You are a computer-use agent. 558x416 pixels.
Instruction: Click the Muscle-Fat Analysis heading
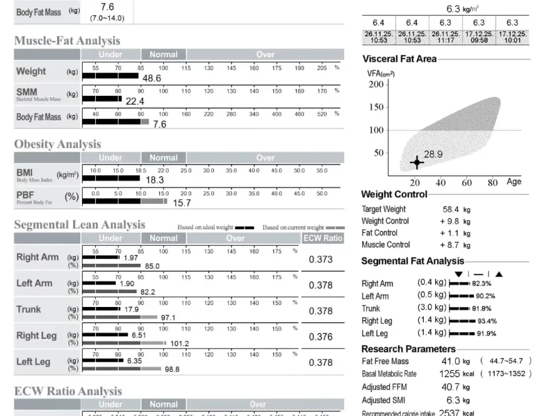coord(67,41)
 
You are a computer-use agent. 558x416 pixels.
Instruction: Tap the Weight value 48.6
coord(152,78)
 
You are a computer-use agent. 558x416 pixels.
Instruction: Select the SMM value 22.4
coord(135,101)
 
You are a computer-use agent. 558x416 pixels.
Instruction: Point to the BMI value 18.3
coord(155,180)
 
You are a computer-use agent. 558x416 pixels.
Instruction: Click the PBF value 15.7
coord(182,202)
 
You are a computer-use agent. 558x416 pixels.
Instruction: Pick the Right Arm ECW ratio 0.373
coord(320,259)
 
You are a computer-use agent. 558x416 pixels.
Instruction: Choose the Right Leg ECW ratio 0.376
coord(320,336)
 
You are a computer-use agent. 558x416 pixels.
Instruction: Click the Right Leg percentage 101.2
coord(179,343)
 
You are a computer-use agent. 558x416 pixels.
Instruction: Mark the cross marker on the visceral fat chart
coord(417,163)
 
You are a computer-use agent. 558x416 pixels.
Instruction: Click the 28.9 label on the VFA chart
coord(433,154)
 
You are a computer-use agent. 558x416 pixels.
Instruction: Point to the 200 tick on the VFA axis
coord(376,85)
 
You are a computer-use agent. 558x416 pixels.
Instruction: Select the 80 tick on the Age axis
coord(493,183)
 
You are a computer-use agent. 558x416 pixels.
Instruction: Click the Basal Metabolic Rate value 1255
coord(450,373)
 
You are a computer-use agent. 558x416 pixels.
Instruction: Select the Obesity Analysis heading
coord(58,144)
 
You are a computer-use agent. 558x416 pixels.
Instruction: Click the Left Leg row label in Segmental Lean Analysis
coord(33,361)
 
